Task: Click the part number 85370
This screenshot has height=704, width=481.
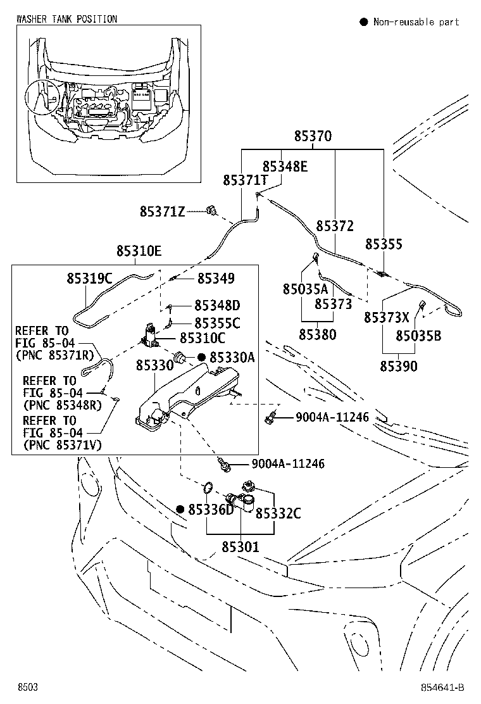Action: [x=313, y=137]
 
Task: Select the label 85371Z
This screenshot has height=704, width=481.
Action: [x=162, y=211]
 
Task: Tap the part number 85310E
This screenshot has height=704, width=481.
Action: [x=139, y=252]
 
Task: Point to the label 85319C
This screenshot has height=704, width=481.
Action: [x=89, y=278]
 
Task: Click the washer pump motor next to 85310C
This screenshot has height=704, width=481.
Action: [x=150, y=336]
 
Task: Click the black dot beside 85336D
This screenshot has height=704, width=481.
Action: [x=180, y=509]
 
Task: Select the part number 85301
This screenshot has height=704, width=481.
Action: [x=240, y=546]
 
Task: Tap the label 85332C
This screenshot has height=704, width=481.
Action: [x=278, y=513]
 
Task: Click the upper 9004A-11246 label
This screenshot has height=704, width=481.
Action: [x=332, y=417]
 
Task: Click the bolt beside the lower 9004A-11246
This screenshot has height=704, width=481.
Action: [x=223, y=466]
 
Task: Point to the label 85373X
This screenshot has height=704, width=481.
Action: [x=386, y=317]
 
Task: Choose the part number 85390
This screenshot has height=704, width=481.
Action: [x=398, y=366]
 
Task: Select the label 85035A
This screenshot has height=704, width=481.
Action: [x=305, y=289]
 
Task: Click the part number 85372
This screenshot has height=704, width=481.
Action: [x=335, y=226]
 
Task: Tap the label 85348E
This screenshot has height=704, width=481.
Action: [x=285, y=167]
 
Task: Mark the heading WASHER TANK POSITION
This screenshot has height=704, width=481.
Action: [x=66, y=19]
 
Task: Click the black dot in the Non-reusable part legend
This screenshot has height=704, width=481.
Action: [x=364, y=22]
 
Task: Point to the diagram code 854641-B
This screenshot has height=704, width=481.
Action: [x=441, y=688]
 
